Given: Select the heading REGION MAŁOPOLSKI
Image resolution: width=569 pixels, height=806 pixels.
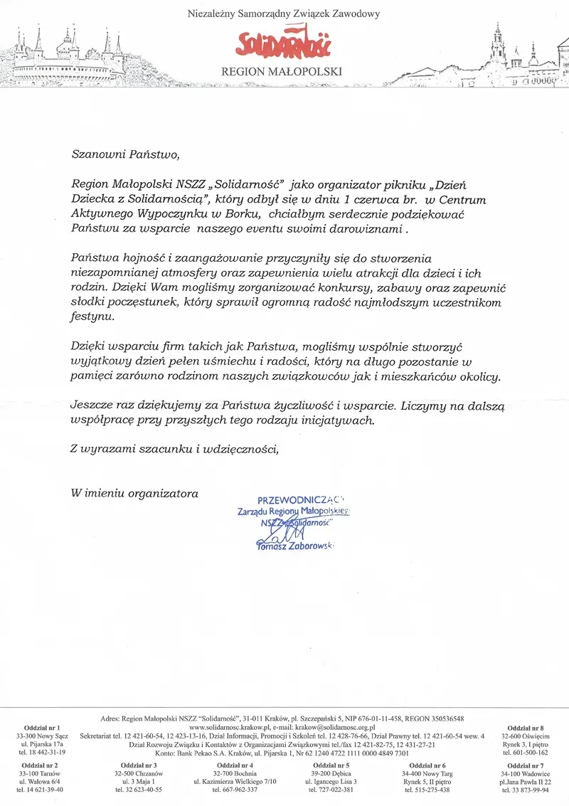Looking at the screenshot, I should tap(282, 72).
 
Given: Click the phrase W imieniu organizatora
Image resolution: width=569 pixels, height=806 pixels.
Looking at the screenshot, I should tap(134, 492).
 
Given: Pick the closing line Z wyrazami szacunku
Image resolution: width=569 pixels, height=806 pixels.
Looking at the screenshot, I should tap(175, 448).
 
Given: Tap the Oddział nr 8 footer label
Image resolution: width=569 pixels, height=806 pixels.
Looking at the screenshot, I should tap(526, 728).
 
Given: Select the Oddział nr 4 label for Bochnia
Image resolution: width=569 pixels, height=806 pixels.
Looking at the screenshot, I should tap(235, 765).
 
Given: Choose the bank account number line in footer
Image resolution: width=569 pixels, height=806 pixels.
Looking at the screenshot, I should tap(282, 753).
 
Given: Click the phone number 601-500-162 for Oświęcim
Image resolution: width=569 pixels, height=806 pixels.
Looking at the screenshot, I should tap(526, 752).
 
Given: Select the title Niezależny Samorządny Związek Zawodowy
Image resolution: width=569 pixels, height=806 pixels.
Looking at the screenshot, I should tap(283, 14).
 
